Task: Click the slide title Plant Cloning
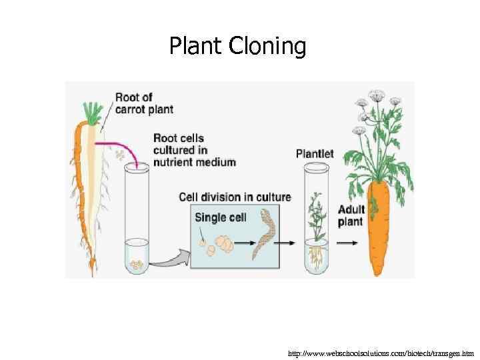tap(238, 47)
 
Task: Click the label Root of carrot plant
tap(143, 103)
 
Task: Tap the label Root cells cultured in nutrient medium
tap(194, 150)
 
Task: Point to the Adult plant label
tap(350, 215)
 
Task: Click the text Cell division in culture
tap(235, 197)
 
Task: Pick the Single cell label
tap(220, 217)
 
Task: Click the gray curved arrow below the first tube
tap(167, 259)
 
